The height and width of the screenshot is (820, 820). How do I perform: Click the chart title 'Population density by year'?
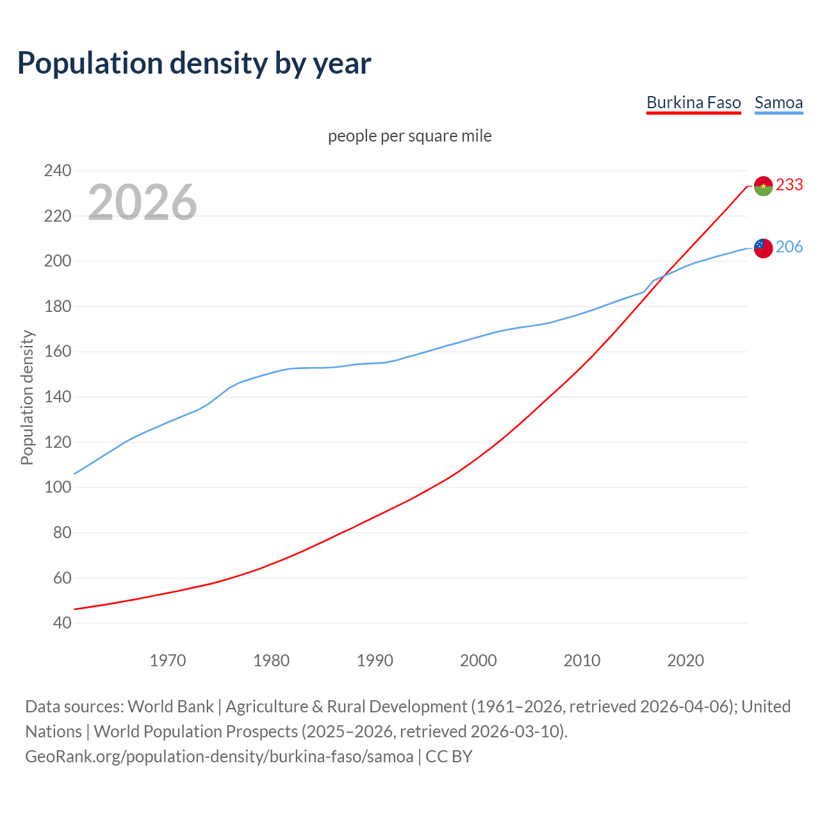click(194, 63)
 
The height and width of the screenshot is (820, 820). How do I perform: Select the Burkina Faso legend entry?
click(693, 102)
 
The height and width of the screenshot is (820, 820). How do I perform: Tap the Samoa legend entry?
click(778, 102)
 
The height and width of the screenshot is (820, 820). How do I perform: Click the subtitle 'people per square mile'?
click(409, 136)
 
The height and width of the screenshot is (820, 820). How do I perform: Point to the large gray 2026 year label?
click(142, 202)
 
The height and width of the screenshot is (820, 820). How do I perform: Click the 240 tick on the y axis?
click(57, 171)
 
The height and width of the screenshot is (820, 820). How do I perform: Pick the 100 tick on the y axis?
click(57, 488)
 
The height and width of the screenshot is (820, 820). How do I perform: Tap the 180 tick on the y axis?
click(57, 306)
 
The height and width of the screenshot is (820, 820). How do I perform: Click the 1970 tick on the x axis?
click(167, 660)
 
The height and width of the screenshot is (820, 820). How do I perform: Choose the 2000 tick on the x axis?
click(478, 660)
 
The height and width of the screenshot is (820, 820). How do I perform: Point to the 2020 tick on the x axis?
click(685, 660)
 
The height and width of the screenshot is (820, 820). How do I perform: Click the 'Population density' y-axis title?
click(27, 397)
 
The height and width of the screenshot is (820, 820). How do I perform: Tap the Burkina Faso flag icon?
click(763, 186)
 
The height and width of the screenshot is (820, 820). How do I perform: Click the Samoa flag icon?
click(763, 248)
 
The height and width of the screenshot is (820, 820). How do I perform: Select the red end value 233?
click(789, 184)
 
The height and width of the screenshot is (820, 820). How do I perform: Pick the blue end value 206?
click(789, 247)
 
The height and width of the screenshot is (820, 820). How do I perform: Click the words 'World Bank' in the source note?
click(170, 706)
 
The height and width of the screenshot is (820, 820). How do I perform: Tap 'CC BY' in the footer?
click(448, 756)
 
